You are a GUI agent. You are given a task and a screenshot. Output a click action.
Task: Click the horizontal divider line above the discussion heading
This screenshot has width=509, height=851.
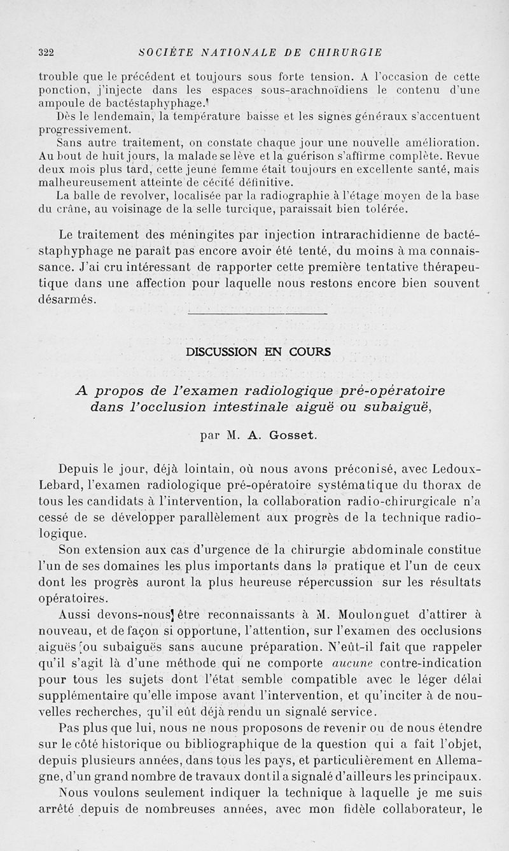click(258, 313)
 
